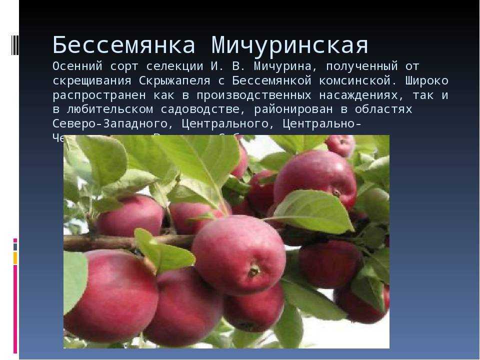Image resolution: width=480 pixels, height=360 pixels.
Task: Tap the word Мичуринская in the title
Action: (x=290, y=45)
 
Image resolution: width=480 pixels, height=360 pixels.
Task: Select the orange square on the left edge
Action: (x=15, y=258)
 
